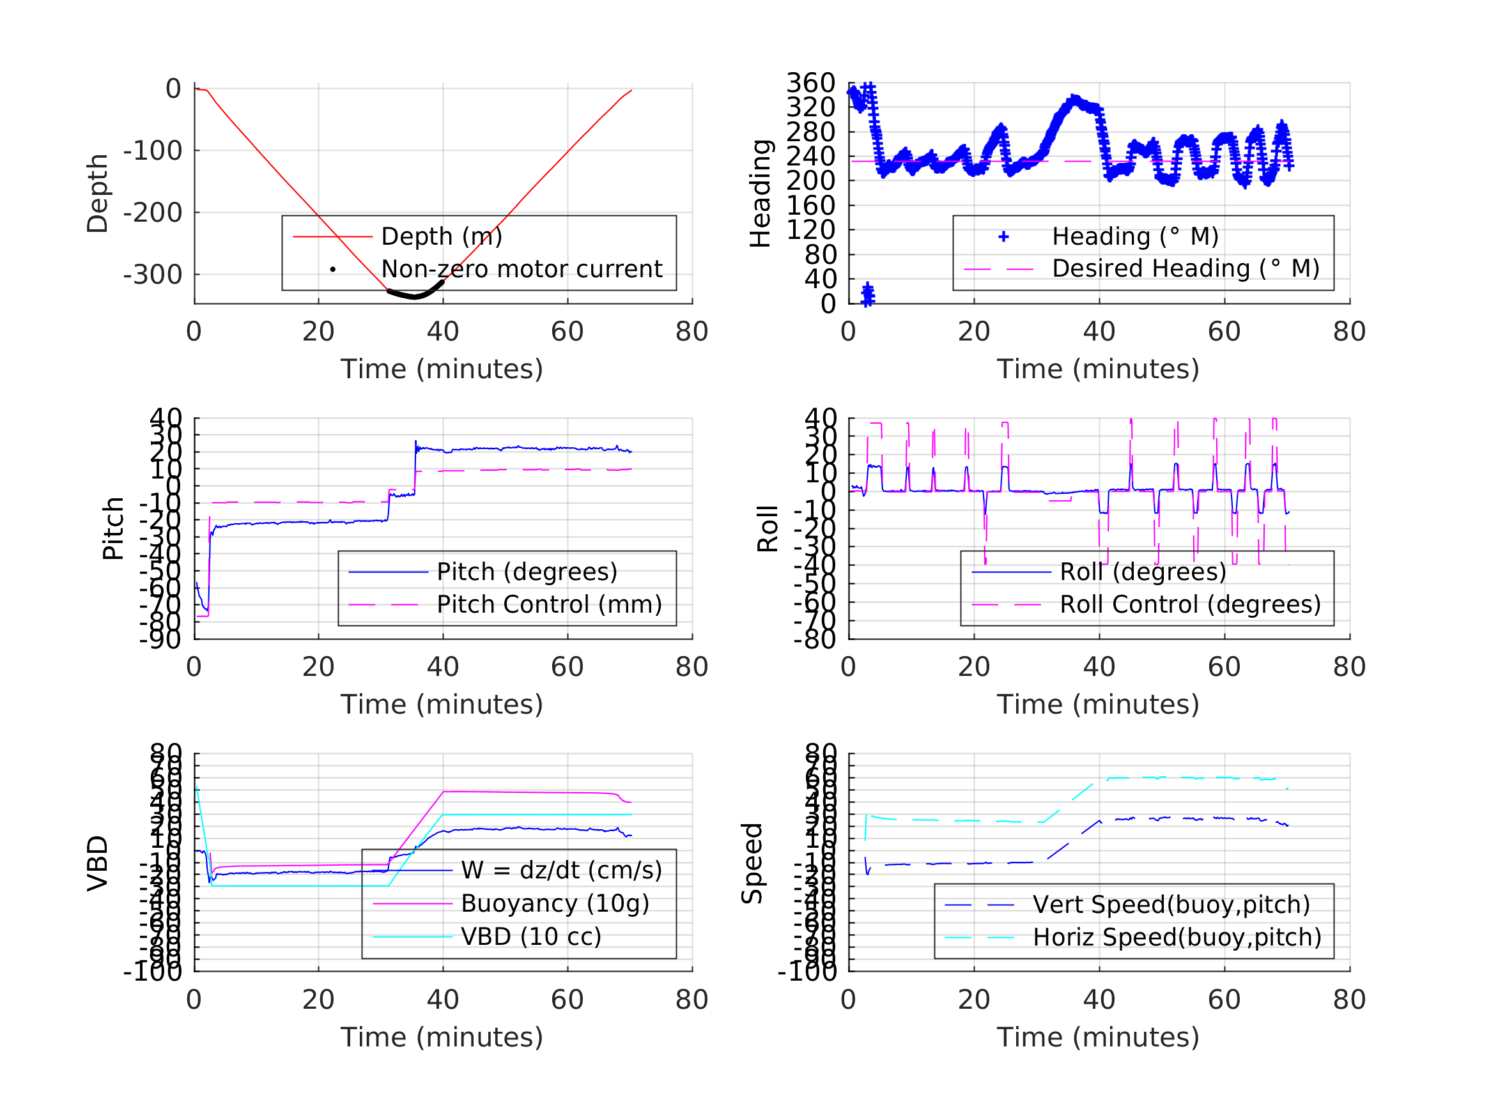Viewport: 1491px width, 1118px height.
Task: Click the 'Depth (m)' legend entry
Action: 442,236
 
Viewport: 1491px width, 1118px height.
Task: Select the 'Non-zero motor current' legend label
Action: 521,269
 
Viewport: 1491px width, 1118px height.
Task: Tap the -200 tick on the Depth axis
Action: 152,213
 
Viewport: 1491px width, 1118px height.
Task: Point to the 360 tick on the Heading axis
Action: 810,83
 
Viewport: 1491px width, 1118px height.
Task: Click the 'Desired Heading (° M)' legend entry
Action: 1185,268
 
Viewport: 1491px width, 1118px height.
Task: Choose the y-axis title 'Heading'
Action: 761,194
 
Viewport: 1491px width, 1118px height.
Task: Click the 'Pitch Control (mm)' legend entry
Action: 549,604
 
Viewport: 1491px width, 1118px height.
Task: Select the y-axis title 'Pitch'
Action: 112,528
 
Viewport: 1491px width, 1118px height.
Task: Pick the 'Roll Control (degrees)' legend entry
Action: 1190,604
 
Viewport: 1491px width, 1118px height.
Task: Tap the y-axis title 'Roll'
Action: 768,528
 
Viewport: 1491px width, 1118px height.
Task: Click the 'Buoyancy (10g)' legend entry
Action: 555,903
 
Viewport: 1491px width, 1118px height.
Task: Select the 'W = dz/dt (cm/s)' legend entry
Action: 561,870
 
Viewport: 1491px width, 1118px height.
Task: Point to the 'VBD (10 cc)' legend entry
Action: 530,936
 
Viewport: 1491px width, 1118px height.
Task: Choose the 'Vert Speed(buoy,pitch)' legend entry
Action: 1171,905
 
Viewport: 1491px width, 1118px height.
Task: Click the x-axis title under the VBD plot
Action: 442,1037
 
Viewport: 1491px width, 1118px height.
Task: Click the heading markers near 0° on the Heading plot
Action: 867,294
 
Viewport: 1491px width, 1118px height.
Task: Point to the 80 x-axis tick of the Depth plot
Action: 691,332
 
